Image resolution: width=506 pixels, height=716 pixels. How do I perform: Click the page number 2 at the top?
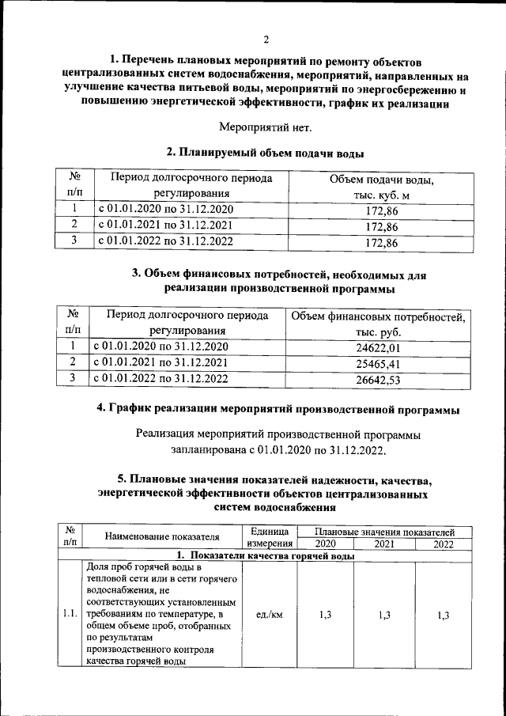click(266, 39)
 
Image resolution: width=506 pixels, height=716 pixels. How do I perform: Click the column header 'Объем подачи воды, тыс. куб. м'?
click(383, 188)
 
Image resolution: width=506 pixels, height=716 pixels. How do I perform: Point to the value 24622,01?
click(379, 347)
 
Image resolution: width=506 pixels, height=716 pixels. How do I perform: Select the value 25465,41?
click(379, 364)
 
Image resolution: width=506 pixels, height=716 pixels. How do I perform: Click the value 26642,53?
click(379, 381)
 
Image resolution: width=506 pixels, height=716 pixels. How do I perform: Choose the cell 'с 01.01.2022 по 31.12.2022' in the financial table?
click(161, 379)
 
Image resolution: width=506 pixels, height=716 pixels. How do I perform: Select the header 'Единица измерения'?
click(270, 537)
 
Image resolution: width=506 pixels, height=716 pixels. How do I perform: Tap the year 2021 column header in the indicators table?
click(384, 544)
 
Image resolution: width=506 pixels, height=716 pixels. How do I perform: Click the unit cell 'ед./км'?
click(270, 613)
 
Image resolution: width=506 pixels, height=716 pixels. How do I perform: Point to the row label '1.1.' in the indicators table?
click(70, 613)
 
